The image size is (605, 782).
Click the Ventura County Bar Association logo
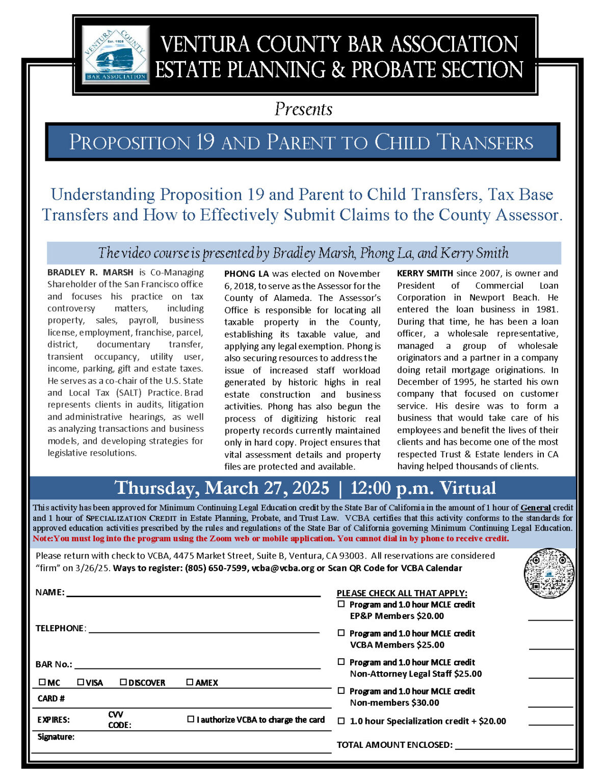116,54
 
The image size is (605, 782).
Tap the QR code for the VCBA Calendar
549,573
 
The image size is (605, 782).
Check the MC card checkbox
42,682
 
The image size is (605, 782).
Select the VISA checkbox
81,682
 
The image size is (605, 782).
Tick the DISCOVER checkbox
123,682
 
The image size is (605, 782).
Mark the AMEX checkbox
190,682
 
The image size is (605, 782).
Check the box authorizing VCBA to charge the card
191,719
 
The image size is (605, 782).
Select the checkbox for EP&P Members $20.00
341,604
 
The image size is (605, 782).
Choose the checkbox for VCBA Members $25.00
341,633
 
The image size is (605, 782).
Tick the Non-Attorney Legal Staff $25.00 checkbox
341,662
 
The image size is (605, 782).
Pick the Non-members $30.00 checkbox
341,691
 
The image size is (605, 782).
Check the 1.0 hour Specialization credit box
341,721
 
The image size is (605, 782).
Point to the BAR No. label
54,664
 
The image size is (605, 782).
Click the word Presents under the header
303,109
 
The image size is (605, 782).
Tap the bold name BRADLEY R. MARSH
90,272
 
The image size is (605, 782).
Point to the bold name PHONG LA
246,274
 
